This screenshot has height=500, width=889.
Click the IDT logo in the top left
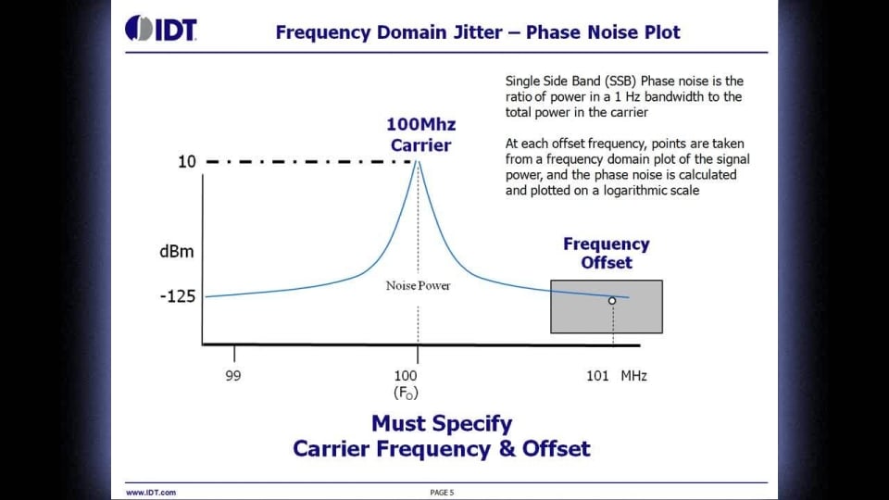161,29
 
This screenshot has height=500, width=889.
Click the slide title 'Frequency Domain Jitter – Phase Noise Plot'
478,32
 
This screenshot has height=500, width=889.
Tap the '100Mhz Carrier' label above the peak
421,135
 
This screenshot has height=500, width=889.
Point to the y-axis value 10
187,162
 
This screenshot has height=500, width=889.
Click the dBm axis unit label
175,252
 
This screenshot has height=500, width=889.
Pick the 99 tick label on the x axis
233,375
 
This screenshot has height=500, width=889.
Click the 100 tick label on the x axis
406,375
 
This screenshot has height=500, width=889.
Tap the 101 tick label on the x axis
598,375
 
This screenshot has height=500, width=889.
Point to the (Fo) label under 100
406,393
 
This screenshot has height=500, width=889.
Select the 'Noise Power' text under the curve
418,285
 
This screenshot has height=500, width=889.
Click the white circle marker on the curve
612,300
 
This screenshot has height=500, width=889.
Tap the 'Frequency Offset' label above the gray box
607,253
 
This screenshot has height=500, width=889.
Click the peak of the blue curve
418,163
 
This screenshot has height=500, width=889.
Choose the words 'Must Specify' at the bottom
442,424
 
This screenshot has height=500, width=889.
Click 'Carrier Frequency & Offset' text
442,449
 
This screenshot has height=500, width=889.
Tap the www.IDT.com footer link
151,493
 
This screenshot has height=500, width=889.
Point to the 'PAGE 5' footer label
442,493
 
